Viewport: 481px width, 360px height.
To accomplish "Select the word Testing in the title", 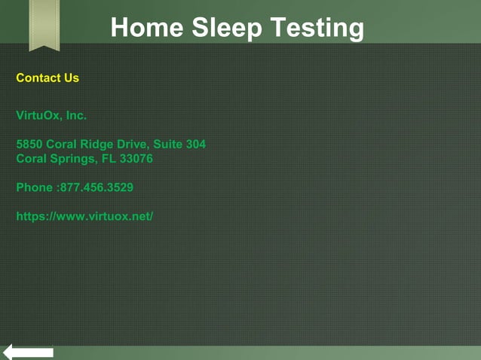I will (x=317, y=28).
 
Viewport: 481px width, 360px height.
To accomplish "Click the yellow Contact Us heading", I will (x=47, y=78).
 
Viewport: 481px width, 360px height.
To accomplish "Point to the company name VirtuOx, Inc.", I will (x=51, y=115).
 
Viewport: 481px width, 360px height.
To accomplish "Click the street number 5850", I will (x=29, y=144).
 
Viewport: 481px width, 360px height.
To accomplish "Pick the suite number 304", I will (x=195, y=144).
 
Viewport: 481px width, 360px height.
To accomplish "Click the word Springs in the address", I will (x=70, y=159).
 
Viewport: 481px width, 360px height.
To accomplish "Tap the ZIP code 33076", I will (x=136, y=159).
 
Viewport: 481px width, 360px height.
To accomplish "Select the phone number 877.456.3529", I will (x=97, y=188).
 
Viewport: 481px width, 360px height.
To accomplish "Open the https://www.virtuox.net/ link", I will (x=84, y=216).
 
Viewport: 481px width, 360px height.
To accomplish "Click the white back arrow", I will (x=28, y=352).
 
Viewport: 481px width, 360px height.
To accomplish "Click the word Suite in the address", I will (x=169, y=144).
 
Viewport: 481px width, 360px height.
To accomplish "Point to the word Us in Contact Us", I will (x=72, y=78).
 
